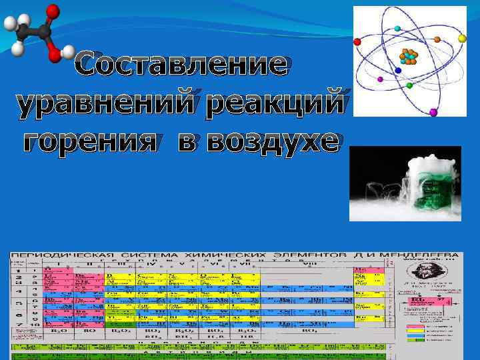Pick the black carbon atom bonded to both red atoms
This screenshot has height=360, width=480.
coord(45,31)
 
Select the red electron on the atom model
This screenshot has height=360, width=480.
coord(357,41)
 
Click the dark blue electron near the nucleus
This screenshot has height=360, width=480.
coord(398,70)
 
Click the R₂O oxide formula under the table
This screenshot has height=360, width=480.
coord(57,330)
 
